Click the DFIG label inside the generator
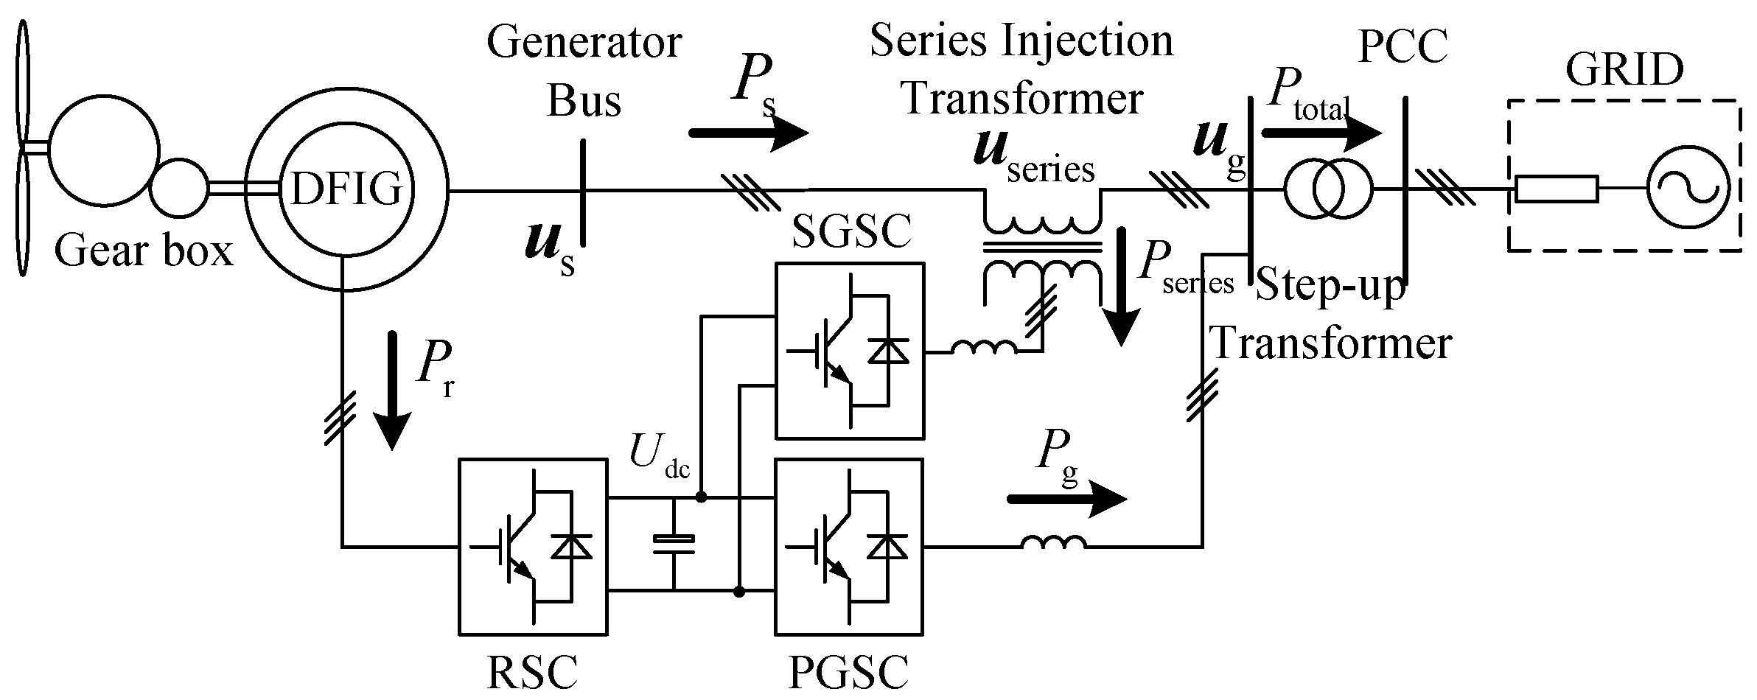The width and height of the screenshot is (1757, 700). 346,190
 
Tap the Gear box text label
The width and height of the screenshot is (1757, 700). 144,253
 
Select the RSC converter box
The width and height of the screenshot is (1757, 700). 534,546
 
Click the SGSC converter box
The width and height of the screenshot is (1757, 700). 849,351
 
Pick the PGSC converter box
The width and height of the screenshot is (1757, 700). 849,546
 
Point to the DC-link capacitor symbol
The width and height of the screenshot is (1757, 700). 673,545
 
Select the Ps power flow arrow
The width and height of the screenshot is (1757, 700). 748,133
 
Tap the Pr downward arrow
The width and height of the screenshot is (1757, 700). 391,391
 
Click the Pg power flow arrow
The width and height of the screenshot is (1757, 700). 1066,500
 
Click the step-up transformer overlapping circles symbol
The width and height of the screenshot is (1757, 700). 1329,189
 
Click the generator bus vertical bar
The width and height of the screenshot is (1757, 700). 582,193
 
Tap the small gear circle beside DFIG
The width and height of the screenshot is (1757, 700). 179,189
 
